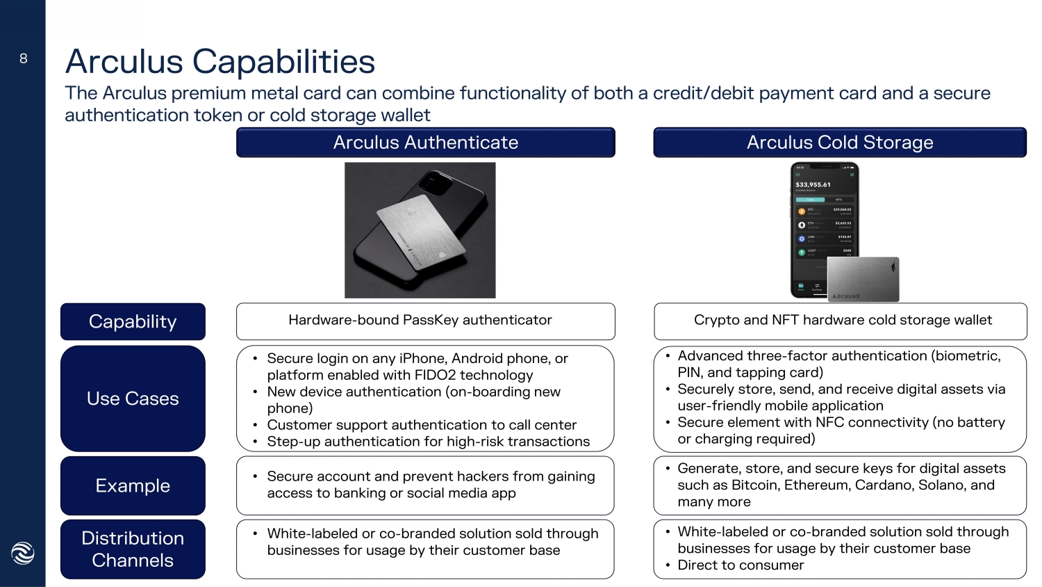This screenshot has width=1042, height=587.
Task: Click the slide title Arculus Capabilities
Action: (220, 61)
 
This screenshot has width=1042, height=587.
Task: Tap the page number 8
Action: (24, 58)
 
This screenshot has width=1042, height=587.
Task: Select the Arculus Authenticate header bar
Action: (425, 143)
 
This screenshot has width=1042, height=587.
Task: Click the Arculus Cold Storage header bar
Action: (839, 143)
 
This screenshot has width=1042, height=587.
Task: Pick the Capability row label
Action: (133, 321)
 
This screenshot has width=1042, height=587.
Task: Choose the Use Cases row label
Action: (133, 399)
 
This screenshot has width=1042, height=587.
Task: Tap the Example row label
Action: (133, 485)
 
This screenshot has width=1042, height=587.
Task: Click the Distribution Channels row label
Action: (133, 549)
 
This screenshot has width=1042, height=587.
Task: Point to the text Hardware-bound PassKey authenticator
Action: (420, 320)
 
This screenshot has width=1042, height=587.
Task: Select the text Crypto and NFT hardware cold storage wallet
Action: (843, 320)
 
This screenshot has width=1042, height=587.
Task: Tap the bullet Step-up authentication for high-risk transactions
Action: (428, 442)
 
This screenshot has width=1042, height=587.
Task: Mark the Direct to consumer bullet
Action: (741, 565)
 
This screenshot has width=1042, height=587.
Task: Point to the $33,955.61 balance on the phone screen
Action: (813, 185)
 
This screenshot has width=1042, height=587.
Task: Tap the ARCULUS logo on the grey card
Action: (846, 296)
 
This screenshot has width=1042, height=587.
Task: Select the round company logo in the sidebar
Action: (23, 553)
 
